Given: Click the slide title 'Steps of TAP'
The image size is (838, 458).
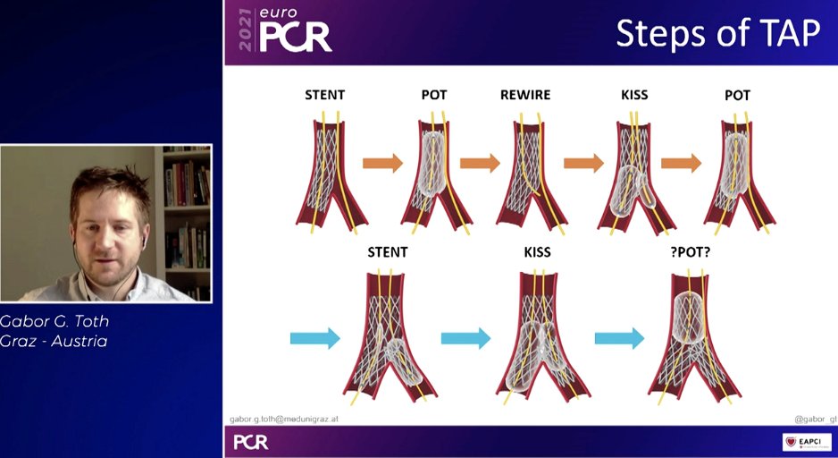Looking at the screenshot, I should tap(717, 33).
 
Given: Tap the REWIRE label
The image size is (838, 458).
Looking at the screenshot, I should tap(524, 95).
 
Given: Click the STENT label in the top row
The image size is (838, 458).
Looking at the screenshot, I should tap(325, 95).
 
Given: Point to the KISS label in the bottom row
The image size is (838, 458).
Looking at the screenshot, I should tap(537, 252).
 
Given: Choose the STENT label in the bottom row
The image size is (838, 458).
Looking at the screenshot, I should tap(388, 252).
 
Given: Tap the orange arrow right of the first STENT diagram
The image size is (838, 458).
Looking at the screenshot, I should tap(382, 163).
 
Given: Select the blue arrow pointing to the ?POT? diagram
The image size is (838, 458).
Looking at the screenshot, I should tap(619, 338).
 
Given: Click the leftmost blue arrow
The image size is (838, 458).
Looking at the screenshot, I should tap(315, 338).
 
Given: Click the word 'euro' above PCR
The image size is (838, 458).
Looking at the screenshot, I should tap(277, 14).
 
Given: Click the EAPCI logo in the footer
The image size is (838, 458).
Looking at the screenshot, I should tap(807, 442).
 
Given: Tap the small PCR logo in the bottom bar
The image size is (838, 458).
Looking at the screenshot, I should tap(250, 442).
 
